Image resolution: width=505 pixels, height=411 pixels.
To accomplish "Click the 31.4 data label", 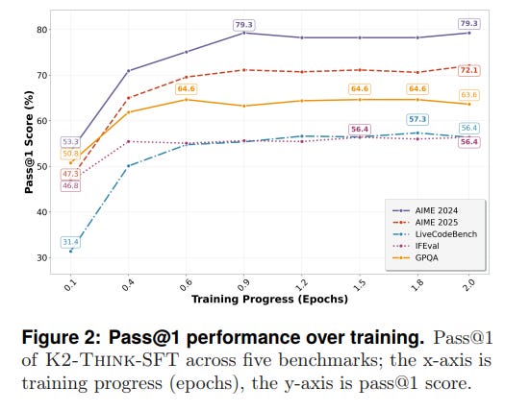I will point(70,242).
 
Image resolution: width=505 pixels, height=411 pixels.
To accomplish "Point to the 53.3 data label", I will point(70,142).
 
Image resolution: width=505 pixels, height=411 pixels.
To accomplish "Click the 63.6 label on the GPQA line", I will point(468,95).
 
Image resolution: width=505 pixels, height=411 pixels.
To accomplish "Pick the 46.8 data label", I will point(70,185).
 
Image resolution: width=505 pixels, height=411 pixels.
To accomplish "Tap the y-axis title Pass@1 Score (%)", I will point(29,144).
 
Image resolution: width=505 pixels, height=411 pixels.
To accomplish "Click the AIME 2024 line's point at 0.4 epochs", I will point(128,70).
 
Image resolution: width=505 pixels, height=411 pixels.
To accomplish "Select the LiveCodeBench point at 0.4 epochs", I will point(128,166).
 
